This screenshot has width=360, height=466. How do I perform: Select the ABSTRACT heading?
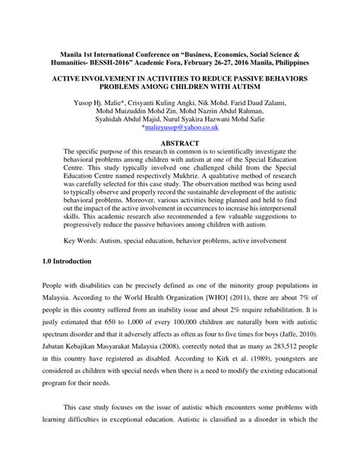(x=180, y=143)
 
